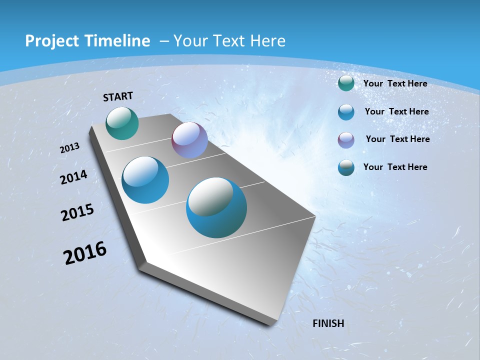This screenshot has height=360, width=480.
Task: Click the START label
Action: pos(118,96)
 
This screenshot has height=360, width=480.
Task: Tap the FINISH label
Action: pos(328,323)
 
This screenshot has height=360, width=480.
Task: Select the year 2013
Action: pos(70,148)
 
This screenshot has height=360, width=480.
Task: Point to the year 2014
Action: pos(74,177)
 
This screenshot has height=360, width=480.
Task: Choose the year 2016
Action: pos(85,253)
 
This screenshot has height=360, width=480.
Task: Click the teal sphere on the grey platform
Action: pos(122,123)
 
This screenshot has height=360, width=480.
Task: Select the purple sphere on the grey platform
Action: pos(189,140)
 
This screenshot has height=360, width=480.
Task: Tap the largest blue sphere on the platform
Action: pos(216,207)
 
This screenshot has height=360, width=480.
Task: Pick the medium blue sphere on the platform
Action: pos(145,180)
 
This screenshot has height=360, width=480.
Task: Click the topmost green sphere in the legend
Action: pos(346,83)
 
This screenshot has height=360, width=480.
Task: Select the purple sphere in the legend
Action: pos(346,140)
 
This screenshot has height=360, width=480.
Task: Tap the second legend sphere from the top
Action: pos(346,112)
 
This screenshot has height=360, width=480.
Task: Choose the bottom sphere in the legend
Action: pos(346,167)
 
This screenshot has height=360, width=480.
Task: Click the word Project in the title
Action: pos(51,41)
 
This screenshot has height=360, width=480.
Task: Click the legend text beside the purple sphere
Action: pos(397,139)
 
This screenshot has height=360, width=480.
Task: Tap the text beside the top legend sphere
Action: pos(395,83)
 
